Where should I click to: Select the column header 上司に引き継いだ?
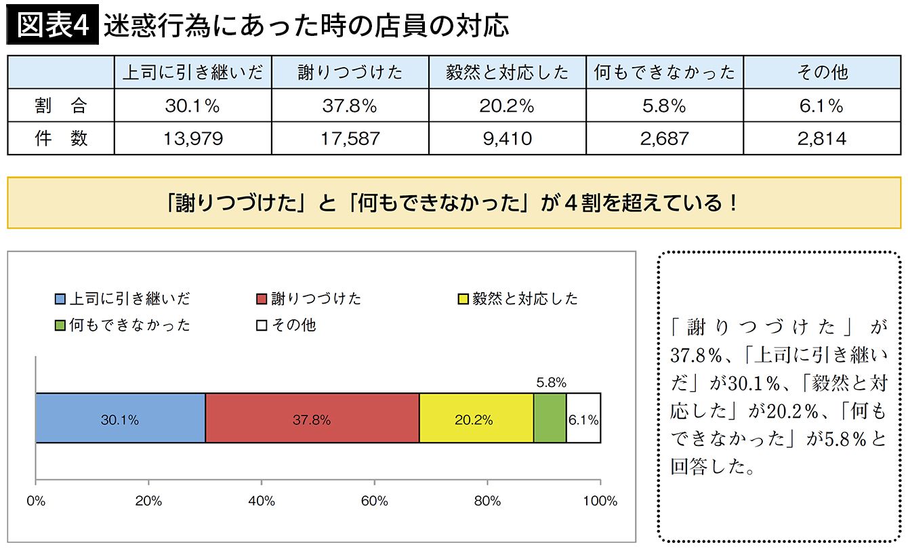192,73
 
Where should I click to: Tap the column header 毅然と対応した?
507,73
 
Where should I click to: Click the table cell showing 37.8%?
350,106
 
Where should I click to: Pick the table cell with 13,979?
192,139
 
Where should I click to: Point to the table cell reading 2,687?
664,139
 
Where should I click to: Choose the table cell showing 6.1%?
822,106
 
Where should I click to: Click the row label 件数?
61,139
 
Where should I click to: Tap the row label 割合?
61,106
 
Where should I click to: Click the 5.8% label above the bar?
550,383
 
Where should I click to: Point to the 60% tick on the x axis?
375,502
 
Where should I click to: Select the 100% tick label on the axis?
600,502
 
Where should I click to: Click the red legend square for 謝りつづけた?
262,300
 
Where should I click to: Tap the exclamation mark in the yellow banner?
734,203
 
